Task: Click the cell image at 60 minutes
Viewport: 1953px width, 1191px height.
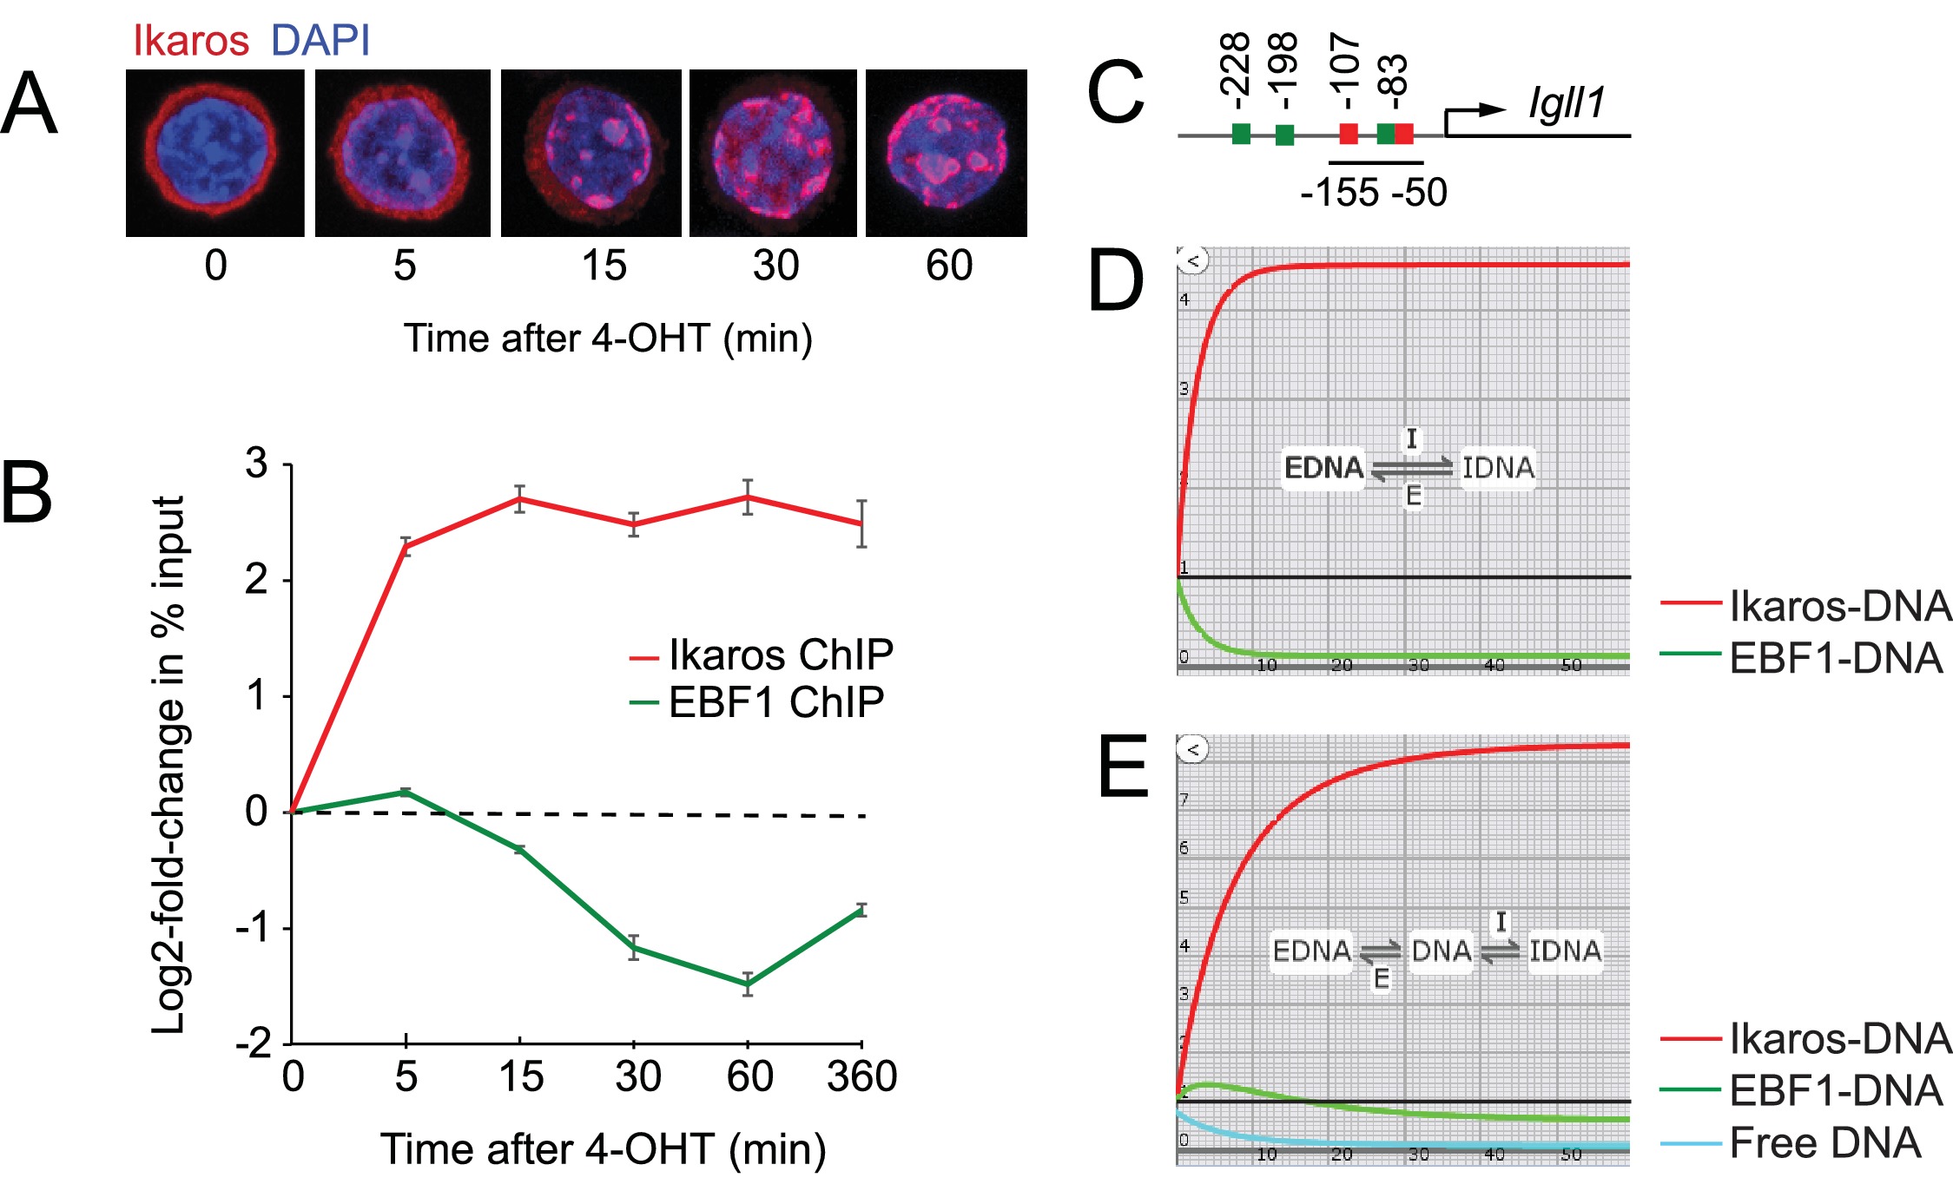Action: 946,153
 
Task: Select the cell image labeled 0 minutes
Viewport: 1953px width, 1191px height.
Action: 214,153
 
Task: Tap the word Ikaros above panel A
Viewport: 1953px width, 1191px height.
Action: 190,41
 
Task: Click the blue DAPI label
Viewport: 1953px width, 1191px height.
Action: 320,41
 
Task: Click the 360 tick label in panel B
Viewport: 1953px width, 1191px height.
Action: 861,1077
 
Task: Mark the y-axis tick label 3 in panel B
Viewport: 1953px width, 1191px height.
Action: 256,464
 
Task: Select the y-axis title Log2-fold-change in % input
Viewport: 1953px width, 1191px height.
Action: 168,764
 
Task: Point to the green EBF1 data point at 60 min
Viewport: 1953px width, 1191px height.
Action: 747,984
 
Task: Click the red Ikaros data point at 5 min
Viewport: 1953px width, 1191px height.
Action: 406,547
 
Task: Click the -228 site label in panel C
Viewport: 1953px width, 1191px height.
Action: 1235,65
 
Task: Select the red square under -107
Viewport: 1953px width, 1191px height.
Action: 1348,134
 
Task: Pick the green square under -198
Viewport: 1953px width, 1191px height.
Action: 1284,135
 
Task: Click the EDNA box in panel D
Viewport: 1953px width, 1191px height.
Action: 1323,468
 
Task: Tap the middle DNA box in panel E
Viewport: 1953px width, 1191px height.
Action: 1441,951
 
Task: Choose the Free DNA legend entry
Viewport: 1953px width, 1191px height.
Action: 1824,1143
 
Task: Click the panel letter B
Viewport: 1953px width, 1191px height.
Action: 28,492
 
